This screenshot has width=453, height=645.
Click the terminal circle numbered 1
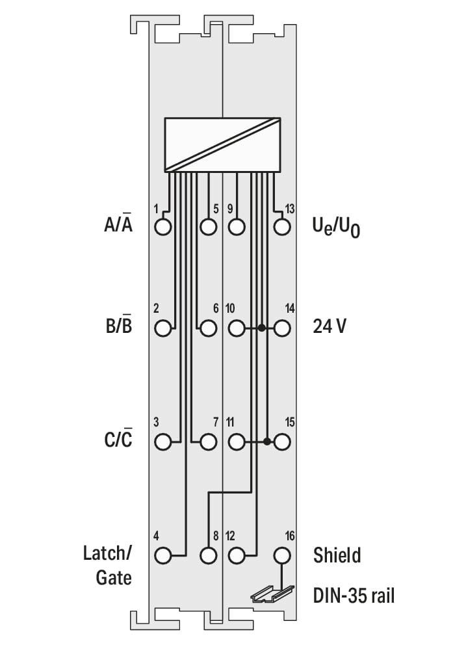[162, 227]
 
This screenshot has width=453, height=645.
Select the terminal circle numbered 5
[209, 227]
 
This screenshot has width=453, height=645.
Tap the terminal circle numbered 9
[237, 227]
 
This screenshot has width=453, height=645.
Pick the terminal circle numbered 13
[282, 227]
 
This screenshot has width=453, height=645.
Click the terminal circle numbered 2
[162, 328]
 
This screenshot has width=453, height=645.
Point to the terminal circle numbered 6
[209, 328]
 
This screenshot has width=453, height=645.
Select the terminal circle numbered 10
[237, 328]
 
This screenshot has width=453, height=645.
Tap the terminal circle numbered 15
[282, 442]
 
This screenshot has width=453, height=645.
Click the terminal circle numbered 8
[209, 556]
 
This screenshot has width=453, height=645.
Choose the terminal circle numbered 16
[282, 556]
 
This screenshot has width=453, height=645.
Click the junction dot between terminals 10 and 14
[261, 328]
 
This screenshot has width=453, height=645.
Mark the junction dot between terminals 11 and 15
[267, 441]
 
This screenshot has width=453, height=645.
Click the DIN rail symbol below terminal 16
[273, 593]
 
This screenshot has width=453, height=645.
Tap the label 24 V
[330, 326]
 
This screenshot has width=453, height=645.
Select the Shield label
[337, 555]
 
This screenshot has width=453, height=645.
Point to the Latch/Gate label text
[108, 565]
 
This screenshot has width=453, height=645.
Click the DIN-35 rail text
[354, 596]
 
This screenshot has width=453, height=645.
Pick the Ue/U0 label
[336, 228]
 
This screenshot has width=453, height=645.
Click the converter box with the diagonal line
[222, 145]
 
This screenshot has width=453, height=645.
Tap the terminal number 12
[230, 536]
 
